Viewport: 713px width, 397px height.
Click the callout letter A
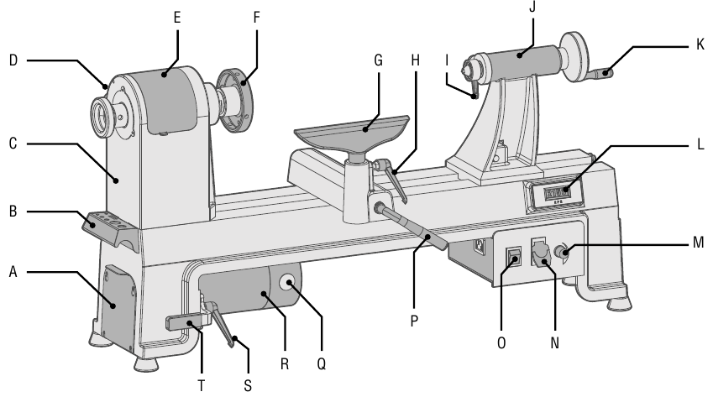(12, 272)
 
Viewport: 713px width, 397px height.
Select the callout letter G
(377, 62)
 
